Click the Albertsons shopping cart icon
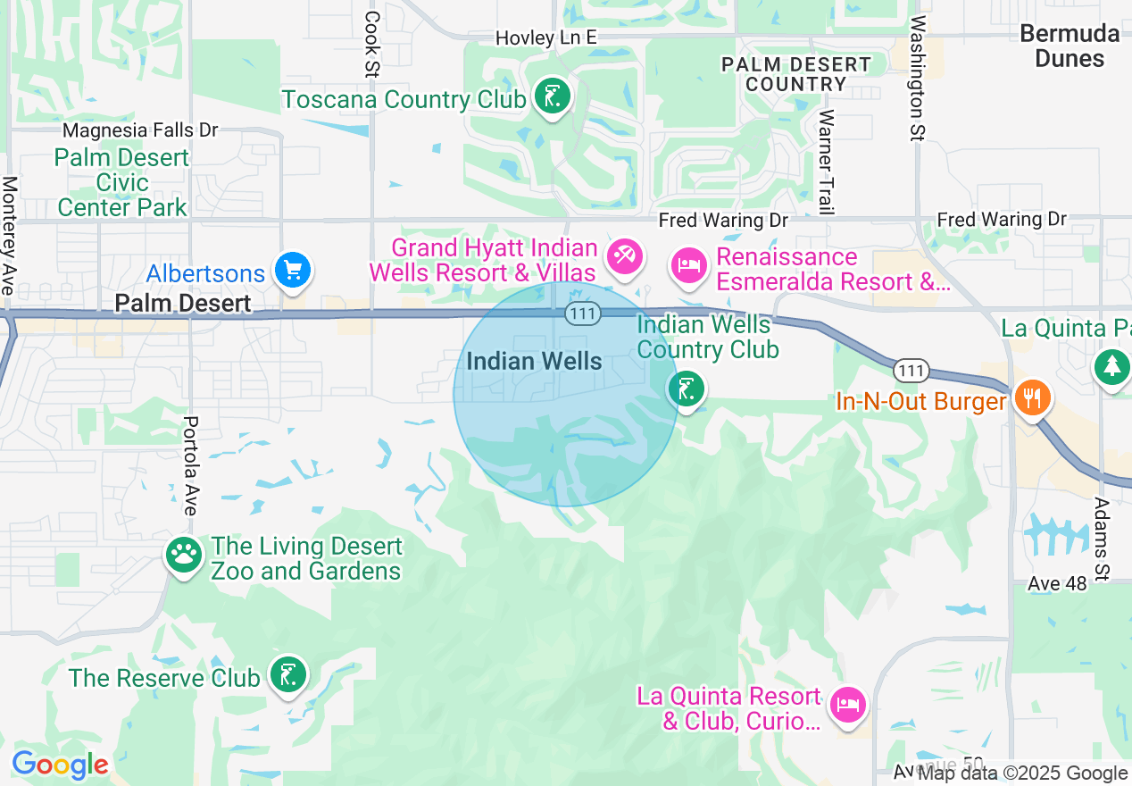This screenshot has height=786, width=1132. (293, 269)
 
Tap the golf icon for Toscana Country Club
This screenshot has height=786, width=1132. (552, 96)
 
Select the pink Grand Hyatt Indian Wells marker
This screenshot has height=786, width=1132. (624, 256)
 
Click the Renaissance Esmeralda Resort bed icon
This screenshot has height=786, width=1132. (689, 265)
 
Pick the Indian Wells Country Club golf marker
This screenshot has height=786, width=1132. (686, 389)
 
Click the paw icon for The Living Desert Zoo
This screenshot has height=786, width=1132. (185, 555)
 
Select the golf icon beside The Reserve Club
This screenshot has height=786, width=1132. (288, 674)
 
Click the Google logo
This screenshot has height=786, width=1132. (60, 765)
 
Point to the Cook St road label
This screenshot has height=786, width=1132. (372, 43)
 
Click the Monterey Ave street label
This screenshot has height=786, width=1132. (9, 235)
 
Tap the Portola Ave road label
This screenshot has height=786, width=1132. (189, 465)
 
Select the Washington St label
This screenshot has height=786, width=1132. (917, 78)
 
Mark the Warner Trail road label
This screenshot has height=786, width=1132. (826, 162)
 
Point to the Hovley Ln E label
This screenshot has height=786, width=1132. (546, 38)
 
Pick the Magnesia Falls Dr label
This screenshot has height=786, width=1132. (141, 130)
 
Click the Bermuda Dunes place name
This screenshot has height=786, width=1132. (1070, 46)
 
